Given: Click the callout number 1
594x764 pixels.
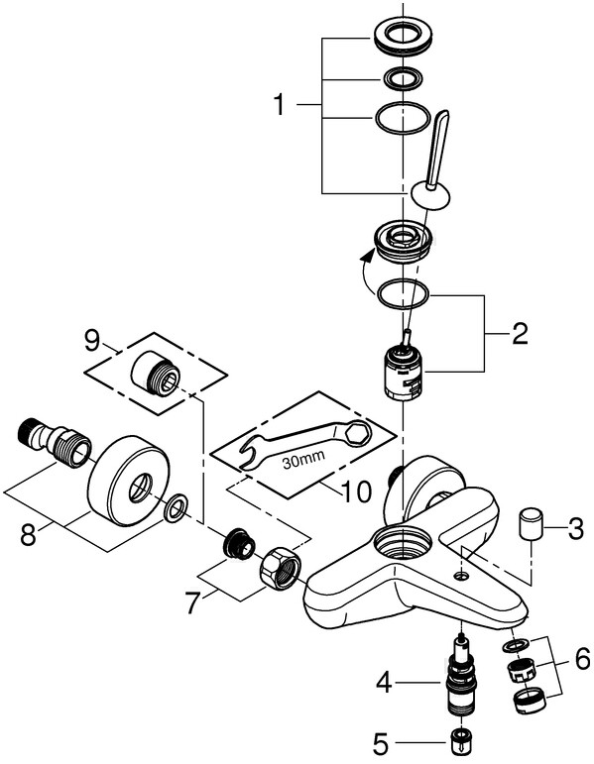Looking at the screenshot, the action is coord(279,105).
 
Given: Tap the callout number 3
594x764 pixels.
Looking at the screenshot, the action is coord(575,528).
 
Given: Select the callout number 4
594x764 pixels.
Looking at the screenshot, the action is coord(384,684).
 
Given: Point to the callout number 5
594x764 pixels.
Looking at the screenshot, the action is coord(381,743).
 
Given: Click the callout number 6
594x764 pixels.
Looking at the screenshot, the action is coord(582,660).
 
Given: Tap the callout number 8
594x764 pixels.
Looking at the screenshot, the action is coord(30,536).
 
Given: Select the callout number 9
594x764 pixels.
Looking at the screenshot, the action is coord(92,341).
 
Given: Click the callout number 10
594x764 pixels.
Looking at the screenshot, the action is coord(356,492).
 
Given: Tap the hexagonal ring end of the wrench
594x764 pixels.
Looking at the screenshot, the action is coord(358,430).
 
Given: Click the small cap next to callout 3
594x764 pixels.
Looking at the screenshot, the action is coord(531,523).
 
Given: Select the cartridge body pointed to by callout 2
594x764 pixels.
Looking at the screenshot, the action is coord(404,372).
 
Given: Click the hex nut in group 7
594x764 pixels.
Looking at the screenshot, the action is coord(281,568).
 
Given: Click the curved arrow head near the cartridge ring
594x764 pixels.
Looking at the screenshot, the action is coord(371,256).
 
